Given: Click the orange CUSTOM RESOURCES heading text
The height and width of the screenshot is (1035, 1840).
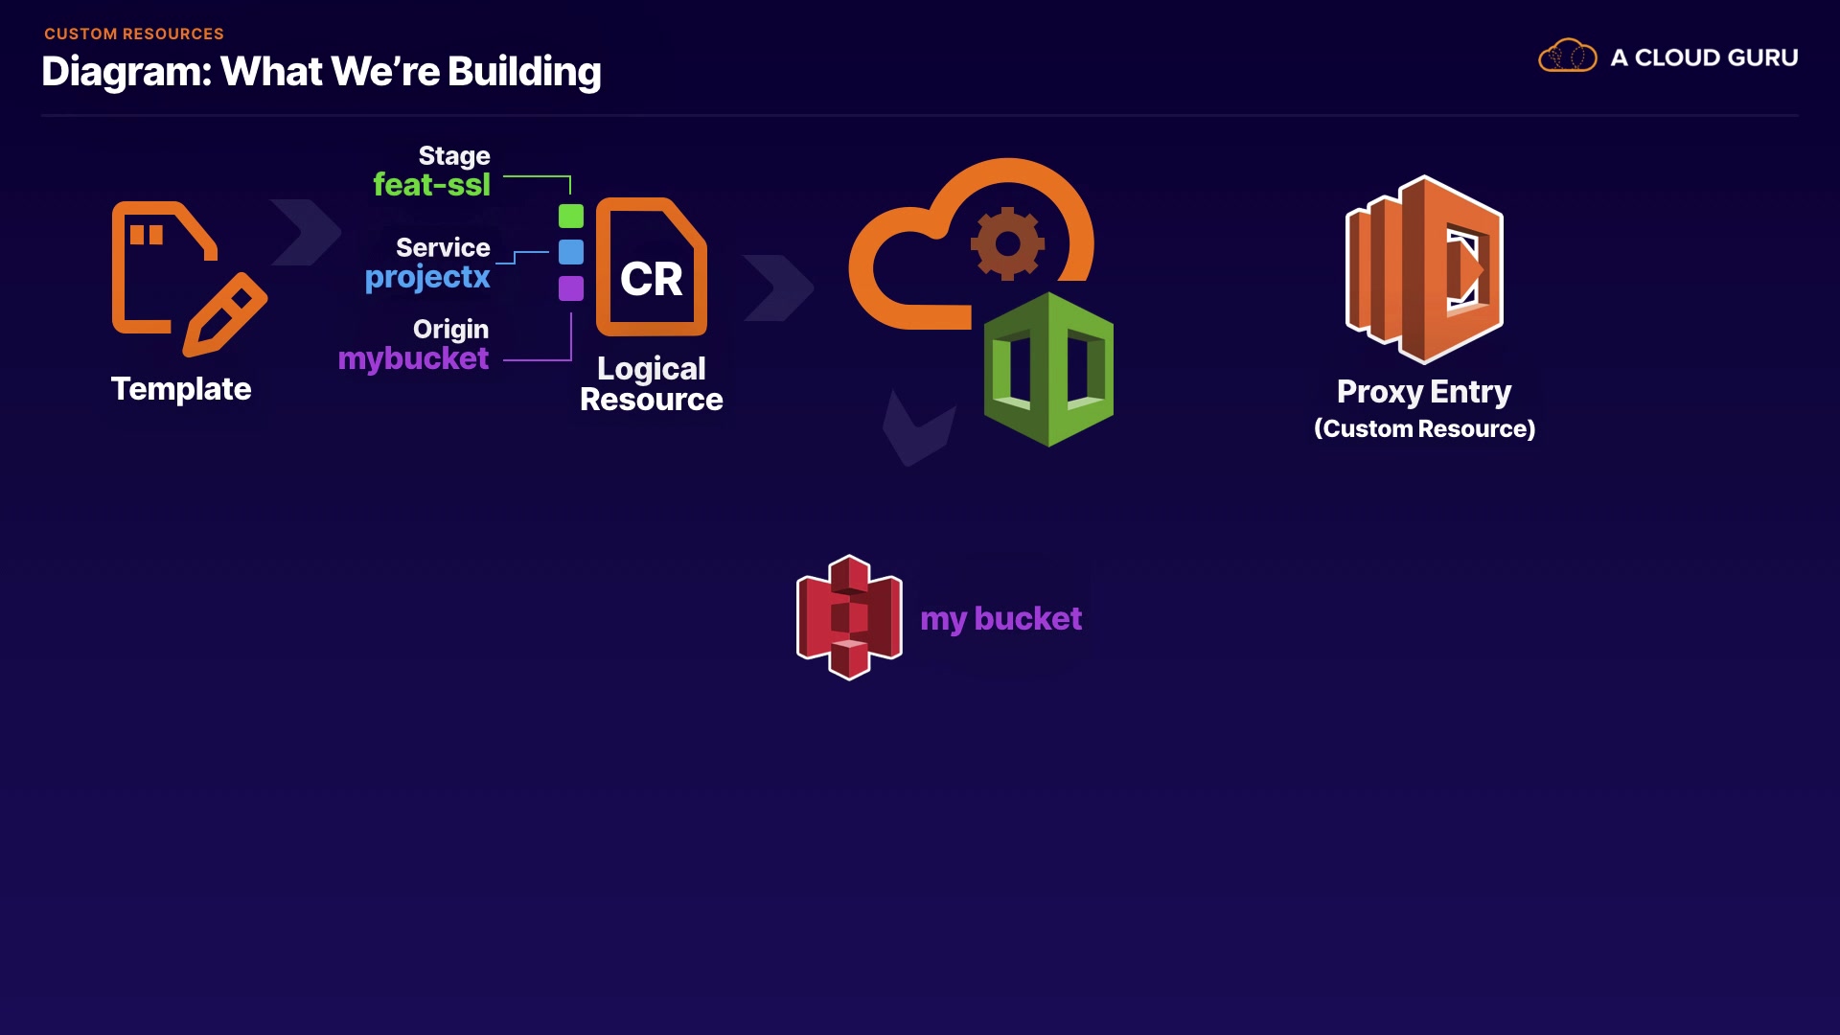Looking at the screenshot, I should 134,34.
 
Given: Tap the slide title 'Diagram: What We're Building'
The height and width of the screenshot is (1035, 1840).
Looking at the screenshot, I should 321,72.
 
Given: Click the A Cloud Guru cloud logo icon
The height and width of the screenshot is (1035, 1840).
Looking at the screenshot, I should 1567,57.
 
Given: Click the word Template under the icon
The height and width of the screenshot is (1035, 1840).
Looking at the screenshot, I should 181,389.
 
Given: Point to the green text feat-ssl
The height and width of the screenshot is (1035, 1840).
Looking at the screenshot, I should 431,184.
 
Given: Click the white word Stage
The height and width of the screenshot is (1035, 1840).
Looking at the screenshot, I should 454,155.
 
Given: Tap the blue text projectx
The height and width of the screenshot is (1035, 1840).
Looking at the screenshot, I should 427,277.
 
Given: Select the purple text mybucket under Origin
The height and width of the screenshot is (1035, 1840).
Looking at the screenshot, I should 413,358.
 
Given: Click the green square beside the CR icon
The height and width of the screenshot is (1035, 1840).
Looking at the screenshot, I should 571,217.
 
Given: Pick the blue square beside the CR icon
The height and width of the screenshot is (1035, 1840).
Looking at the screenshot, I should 571,252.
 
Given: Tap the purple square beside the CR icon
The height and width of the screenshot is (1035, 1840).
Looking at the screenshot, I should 571,288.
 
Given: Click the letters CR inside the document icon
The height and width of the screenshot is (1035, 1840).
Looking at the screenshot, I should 652,280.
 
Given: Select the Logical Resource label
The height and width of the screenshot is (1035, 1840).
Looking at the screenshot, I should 652,383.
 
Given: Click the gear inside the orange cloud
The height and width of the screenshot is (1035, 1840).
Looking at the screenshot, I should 1007,243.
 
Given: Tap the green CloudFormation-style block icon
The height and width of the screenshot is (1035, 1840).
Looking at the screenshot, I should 1048,369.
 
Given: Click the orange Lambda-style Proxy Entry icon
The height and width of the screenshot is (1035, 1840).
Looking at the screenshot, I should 1424,269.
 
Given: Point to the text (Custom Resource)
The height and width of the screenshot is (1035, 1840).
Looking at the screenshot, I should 1424,428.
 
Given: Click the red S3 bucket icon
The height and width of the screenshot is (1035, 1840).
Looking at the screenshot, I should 849,617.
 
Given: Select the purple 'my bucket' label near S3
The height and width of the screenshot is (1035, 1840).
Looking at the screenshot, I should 1000,619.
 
